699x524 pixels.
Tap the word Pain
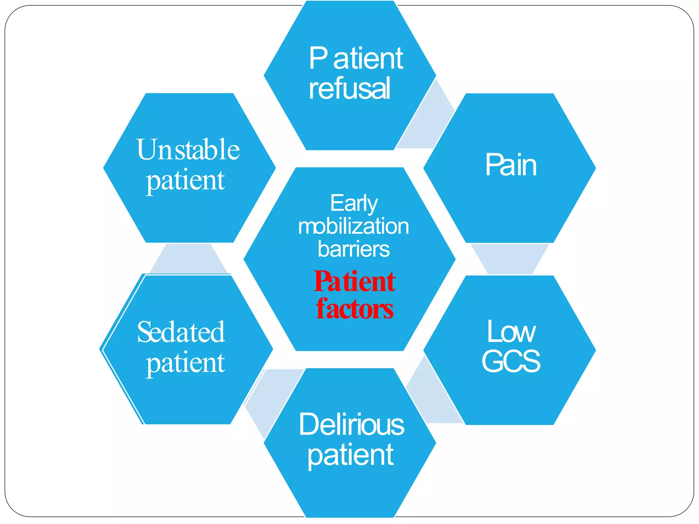[x=511, y=165]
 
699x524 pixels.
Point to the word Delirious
[x=352, y=424]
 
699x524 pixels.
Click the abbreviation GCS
[x=511, y=361]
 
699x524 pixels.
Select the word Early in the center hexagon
[x=354, y=203]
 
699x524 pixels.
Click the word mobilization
[x=354, y=226]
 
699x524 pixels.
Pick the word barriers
[x=354, y=249]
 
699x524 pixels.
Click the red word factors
[x=355, y=309]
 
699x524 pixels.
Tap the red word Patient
[x=355, y=282]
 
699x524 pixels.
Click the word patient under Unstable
[x=185, y=181]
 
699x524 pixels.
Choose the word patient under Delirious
[x=351, y=455]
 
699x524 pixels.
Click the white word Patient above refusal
[x=356, y=59]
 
